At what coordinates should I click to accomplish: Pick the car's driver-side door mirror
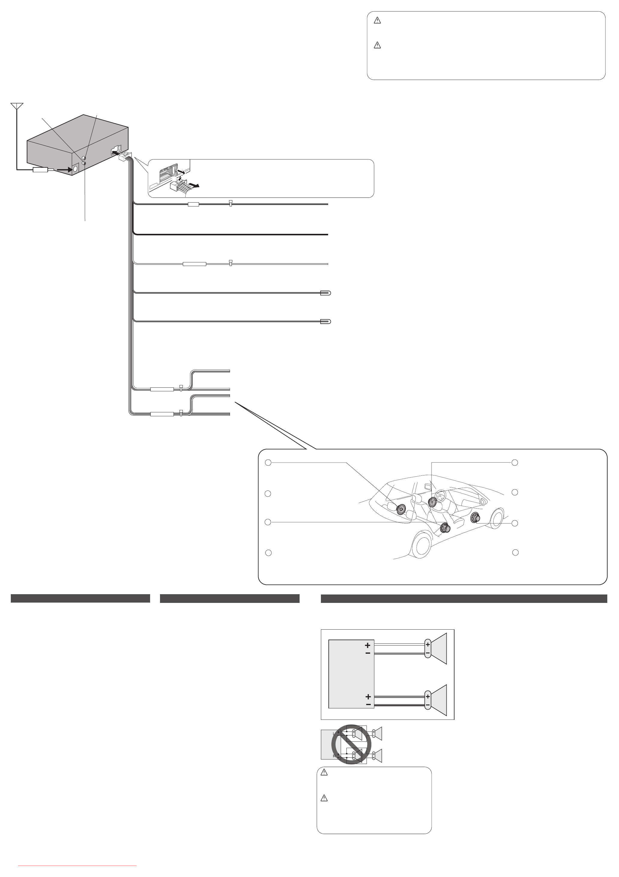click(x=484, y=501)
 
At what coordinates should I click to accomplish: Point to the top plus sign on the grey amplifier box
click(x=367, y=645)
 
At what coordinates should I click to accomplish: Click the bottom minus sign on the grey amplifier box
click(x=368, y=704)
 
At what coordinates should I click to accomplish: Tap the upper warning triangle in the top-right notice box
click(x=377, y=21)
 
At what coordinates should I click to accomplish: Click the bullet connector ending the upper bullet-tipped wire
click(x=325, y=293)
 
